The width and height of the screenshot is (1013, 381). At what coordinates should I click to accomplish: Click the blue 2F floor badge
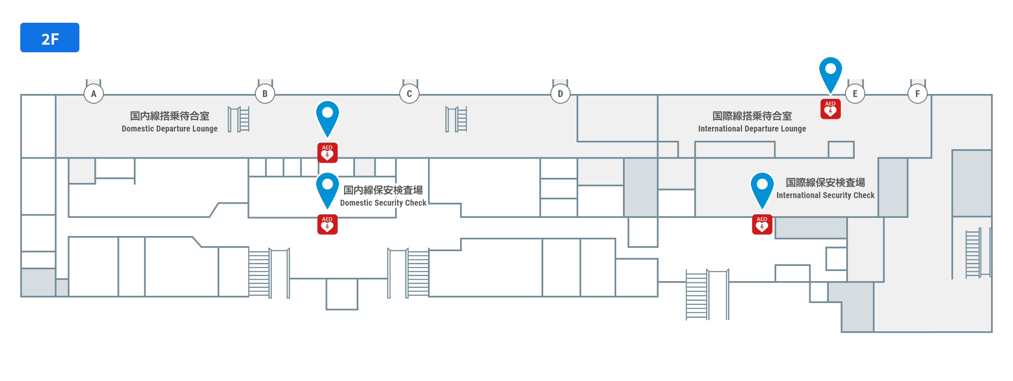pos(50,38)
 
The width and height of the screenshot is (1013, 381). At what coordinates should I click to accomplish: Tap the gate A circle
pos(94,94)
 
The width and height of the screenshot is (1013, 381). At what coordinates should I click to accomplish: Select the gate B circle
pos(265,94)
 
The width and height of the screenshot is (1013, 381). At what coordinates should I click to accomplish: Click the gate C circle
pos(409,94)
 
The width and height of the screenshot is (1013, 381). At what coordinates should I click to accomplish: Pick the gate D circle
pos(561,94)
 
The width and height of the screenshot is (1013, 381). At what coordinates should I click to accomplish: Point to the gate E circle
pos(855,94)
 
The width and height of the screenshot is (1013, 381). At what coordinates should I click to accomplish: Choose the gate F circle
pos(918,94)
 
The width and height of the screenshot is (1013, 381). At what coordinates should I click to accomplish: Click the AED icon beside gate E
pos(831,109)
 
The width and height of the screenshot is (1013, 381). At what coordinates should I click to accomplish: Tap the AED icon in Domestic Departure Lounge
pos(328,153)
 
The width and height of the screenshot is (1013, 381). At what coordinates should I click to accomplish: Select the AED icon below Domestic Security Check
pos(328,225)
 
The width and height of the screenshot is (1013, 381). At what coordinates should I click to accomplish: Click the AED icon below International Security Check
pos(762,225)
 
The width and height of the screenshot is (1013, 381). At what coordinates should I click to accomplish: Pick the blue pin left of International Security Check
pos(762,188)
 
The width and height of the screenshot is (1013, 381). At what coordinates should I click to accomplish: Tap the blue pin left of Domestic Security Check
pos(328,188)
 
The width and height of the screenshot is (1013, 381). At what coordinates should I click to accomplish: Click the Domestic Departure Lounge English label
pos(170,129)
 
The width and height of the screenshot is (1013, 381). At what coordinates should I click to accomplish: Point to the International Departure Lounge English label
pos(752,129)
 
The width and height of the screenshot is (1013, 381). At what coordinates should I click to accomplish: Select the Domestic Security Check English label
pos(383,203)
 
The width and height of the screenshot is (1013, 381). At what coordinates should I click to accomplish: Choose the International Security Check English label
pos(826,196)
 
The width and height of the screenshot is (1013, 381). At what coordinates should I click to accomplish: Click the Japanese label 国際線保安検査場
pos(826,182)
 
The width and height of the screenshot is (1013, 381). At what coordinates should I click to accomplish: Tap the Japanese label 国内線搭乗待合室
pos(170,116)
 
